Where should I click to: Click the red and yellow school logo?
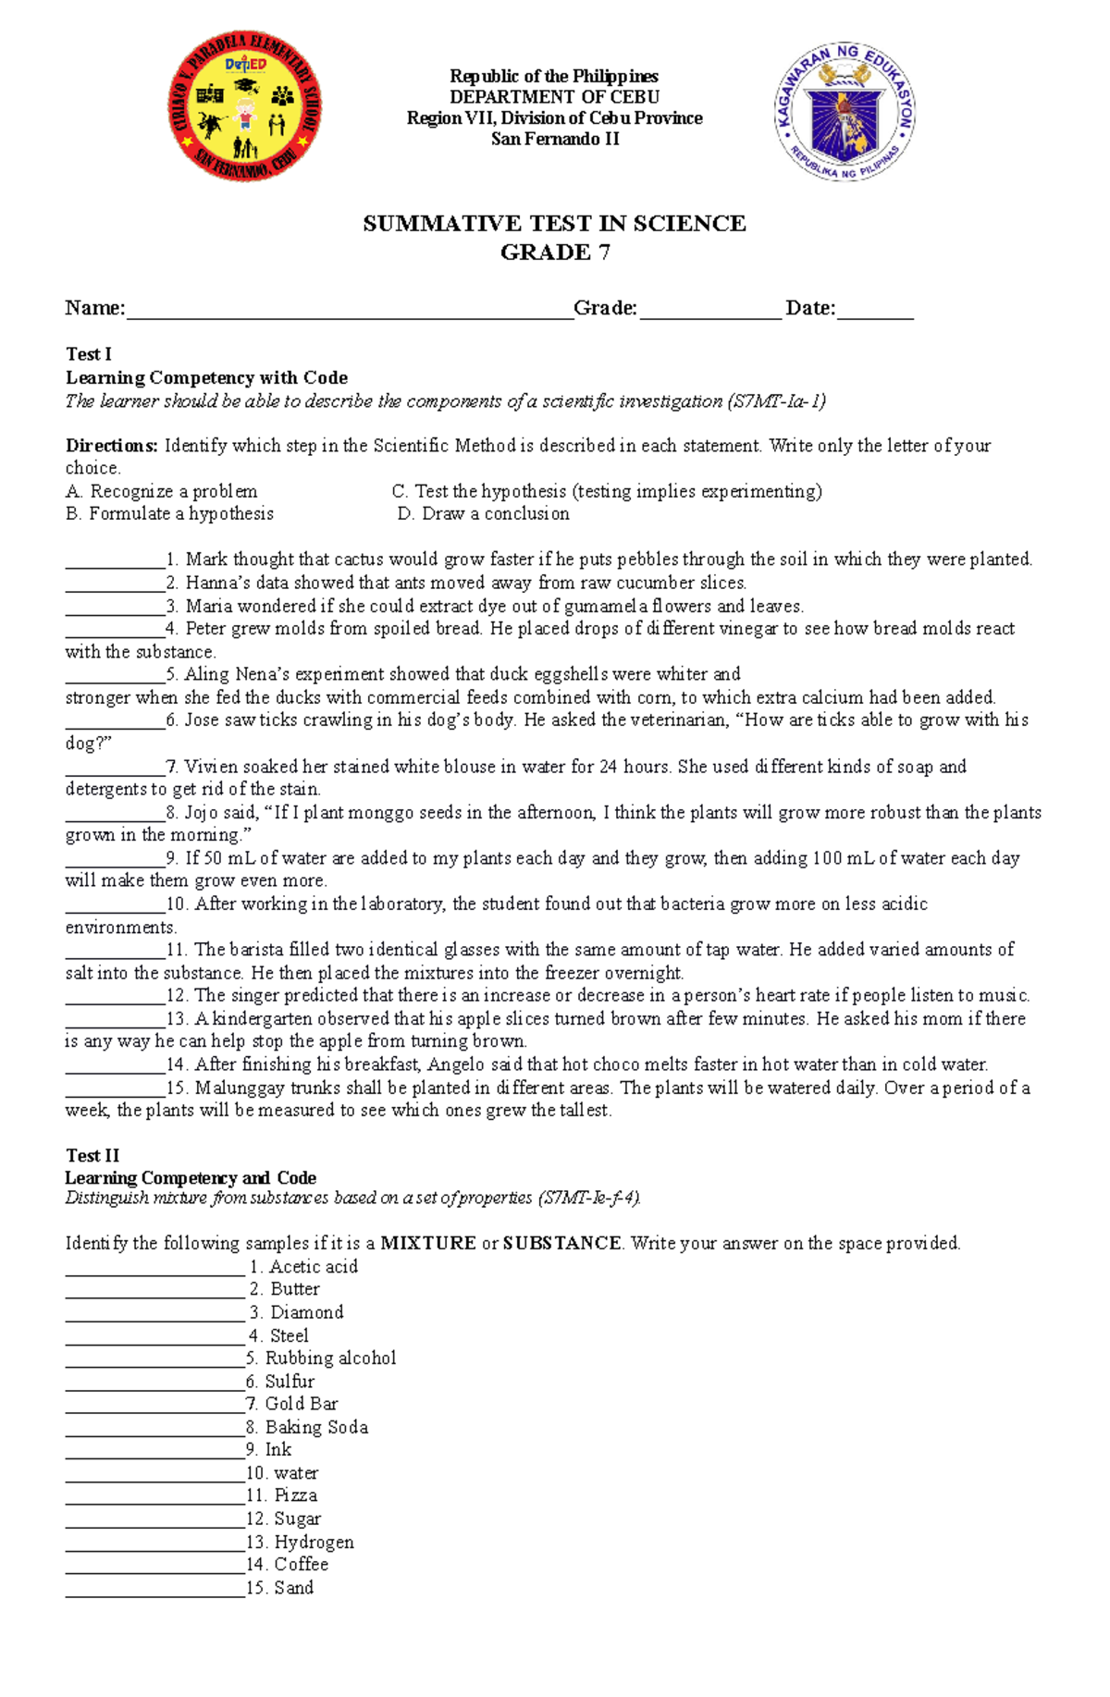coord(245,106)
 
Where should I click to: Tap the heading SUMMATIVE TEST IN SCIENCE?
coord(554,224)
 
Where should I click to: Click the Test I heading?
coord(89,354)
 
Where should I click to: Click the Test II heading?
coord(92,1155)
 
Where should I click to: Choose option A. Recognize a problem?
coord(162,491)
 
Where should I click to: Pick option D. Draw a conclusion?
coord(484,513)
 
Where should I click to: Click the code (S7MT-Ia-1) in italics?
coord(776,401)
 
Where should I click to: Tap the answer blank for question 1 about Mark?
coord(115,560)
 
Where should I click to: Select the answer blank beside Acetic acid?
coord(154,1268)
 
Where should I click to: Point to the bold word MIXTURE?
coord(428,1243)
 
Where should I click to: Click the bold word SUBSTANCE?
coord(561,1243)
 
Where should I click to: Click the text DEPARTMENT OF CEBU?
coord(554,97)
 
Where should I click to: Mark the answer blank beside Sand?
coord(154,1589)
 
